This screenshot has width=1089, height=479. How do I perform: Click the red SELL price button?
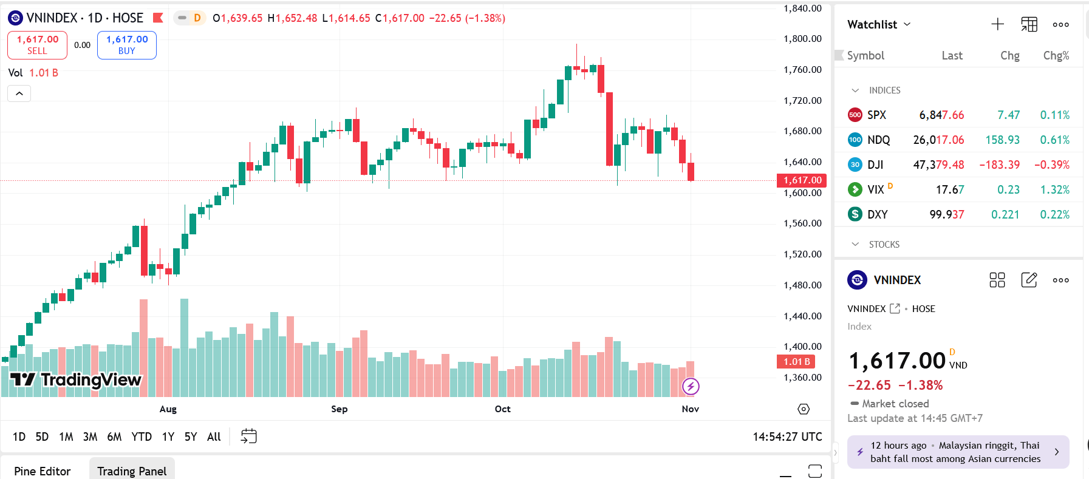(37, 45)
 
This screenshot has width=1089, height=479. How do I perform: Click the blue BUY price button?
(127, 45)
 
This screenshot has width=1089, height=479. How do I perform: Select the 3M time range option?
(90, 437)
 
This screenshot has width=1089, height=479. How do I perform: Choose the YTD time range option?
(142, 437)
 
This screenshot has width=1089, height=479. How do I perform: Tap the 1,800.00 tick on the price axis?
(802, 39)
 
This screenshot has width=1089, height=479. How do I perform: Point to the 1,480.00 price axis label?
(802, 285)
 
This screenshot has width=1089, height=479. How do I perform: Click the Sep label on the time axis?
(340, 409)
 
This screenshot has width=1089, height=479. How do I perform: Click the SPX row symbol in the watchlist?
(876, 115)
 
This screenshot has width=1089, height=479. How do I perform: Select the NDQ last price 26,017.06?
(938, 140)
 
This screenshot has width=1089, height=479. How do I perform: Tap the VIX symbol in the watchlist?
(876, 189)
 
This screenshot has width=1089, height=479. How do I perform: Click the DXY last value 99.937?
(946, 214)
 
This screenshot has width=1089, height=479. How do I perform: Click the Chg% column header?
(1056, 55)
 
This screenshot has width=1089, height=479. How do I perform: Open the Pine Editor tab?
(43, 471)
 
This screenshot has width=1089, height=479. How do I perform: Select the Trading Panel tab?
(132, 471)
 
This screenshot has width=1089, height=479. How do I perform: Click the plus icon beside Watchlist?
(998, 24)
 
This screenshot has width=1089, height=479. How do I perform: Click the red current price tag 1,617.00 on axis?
(802, 180)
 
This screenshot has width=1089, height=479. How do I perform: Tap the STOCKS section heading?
(884, 244)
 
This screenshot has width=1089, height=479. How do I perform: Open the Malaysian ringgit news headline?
(955, 452)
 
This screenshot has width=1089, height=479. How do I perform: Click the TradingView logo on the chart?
(76, 380)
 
